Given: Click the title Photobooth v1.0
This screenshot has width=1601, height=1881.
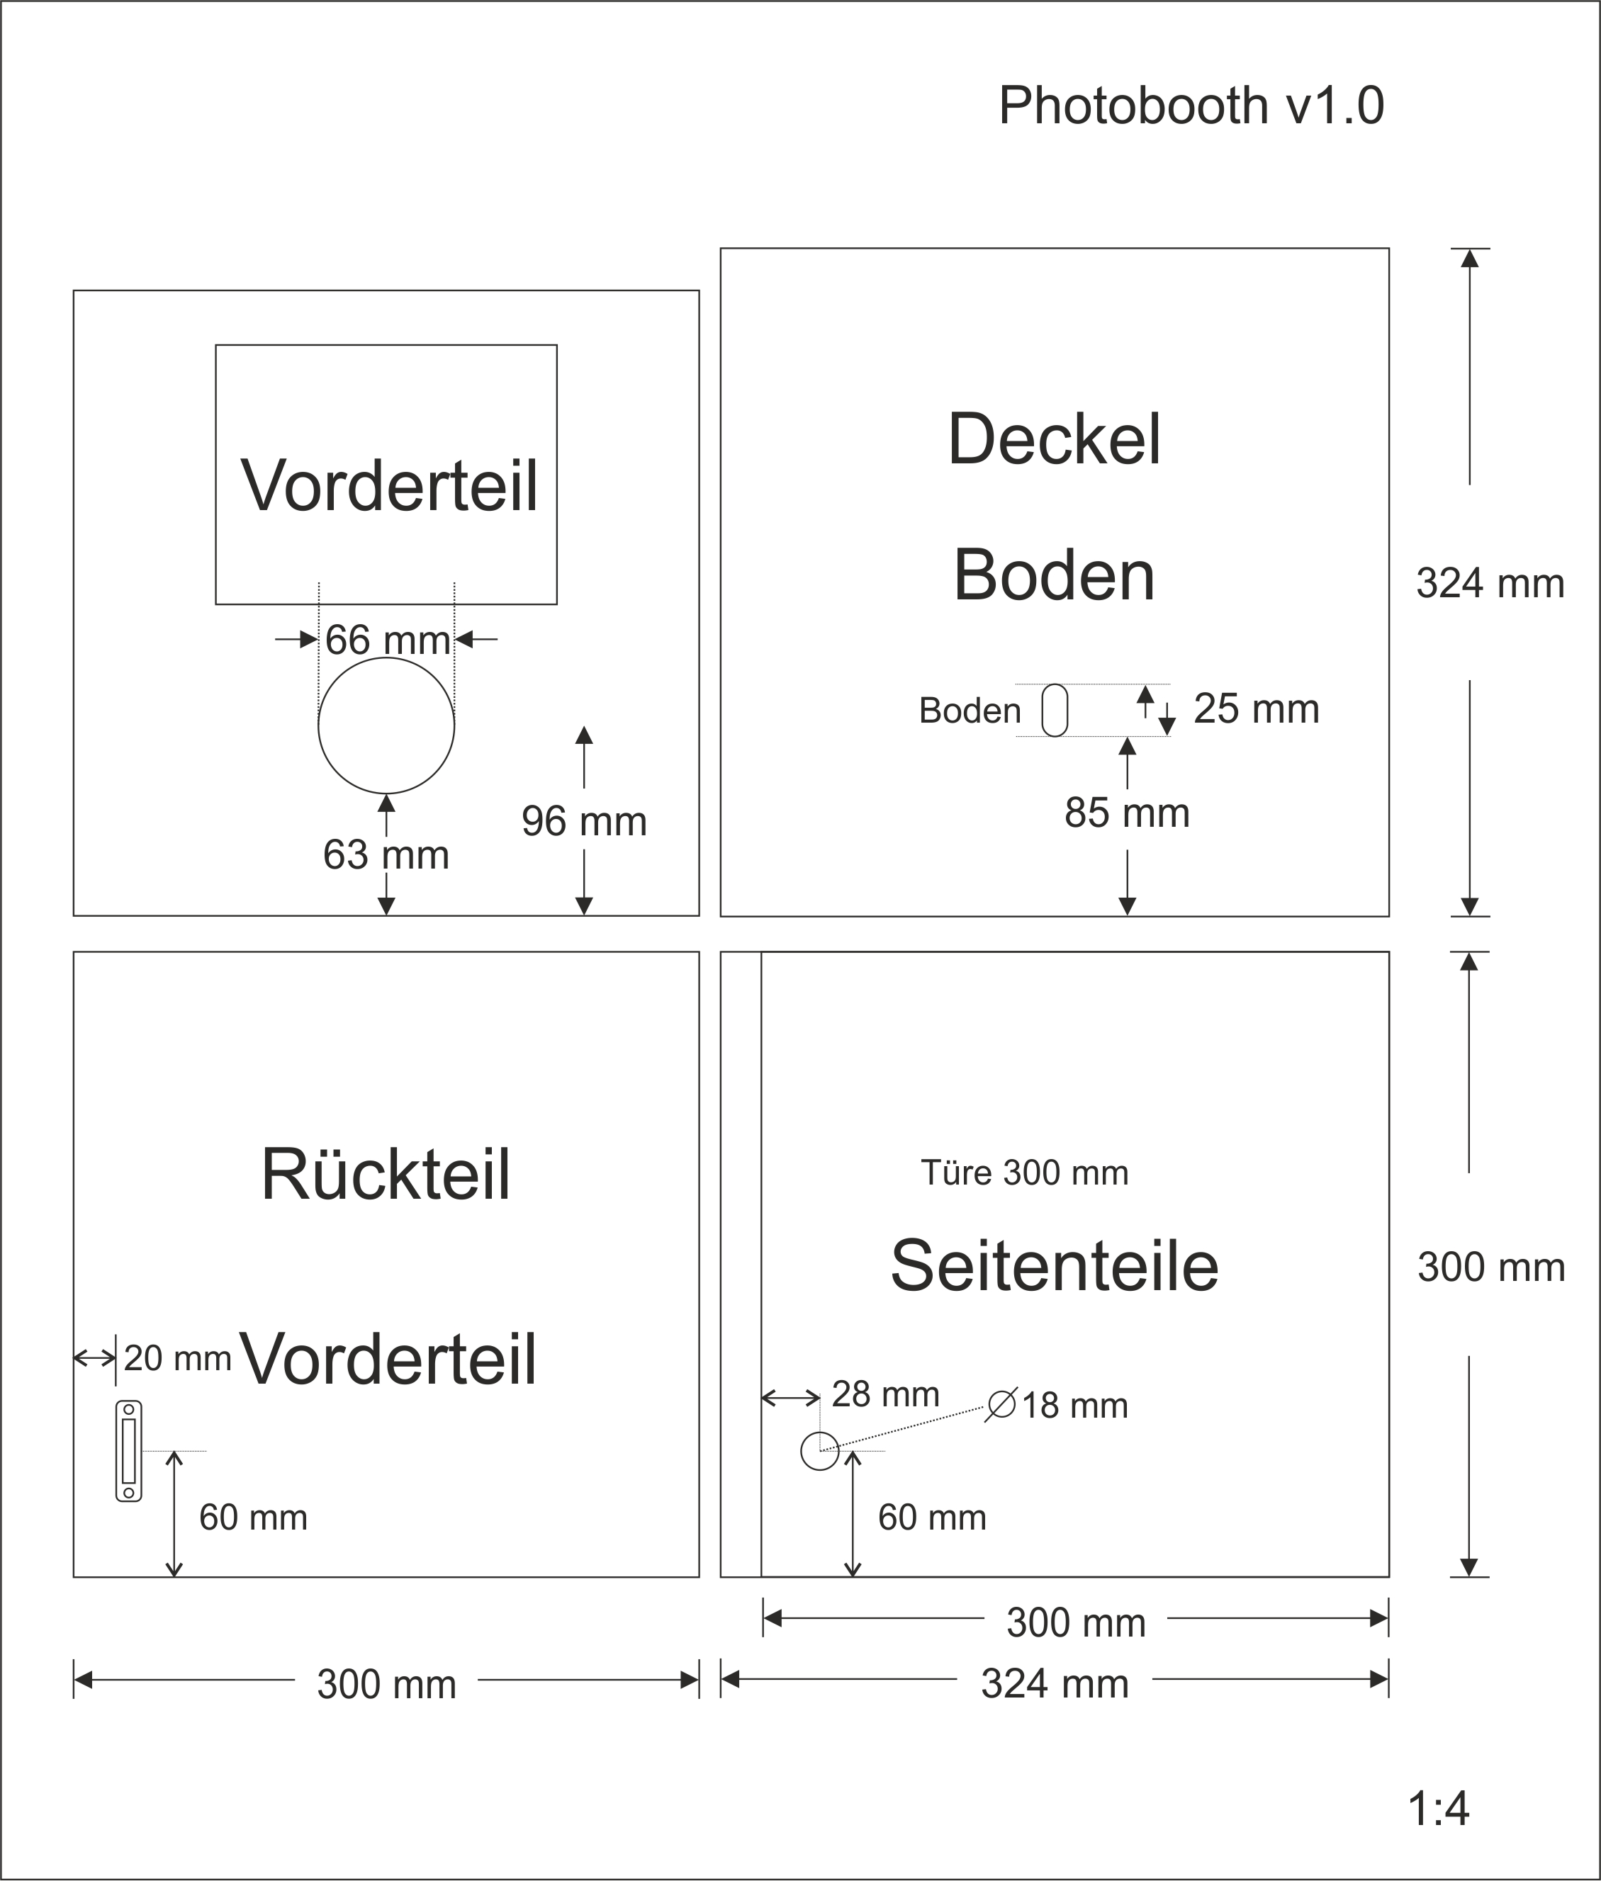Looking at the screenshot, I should point(1191,106).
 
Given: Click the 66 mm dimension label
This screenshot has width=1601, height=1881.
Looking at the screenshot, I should point(388,640).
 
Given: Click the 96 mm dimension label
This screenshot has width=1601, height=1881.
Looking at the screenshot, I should point(583,822).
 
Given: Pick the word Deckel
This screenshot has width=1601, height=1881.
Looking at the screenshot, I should point(1054,440).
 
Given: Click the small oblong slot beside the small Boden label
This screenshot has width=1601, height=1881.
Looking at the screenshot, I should point(1055,711).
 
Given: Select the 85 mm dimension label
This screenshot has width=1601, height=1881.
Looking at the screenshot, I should point(1126,813).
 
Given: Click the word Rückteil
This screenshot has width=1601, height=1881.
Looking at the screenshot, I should point(386,1175).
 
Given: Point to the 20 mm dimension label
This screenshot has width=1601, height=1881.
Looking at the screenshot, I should point(177,1358).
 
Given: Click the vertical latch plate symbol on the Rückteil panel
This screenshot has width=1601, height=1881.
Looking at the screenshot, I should point(129,1452).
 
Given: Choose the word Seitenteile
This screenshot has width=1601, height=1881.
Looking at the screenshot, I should point(1054,1266).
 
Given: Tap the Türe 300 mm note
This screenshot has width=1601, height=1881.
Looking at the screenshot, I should point(1024,1173).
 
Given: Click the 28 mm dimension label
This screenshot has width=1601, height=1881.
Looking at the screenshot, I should point(885,1394).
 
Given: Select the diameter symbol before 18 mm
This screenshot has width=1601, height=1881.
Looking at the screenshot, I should point(1001,1405).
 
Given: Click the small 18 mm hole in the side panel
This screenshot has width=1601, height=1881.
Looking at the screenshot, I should point(819,1451).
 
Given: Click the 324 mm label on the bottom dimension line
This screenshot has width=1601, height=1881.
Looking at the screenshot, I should point(1054,1685).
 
